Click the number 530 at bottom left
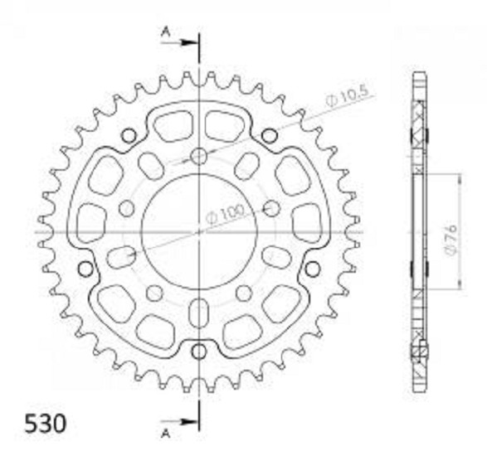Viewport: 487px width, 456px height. click(x=46, y=424)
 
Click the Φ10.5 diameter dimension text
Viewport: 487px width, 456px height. click(x=348, y=96)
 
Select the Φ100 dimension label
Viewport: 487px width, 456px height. click(x=226, y=213)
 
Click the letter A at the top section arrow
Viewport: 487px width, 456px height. click(x=166, y=32)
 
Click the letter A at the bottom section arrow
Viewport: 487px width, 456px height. click(x=166, y=433)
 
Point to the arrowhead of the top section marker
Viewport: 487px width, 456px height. click(x=187, y=42)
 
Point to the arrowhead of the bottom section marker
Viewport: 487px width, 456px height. click(x=187, y=421)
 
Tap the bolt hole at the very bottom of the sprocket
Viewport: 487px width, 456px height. click(x=199, y=352)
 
